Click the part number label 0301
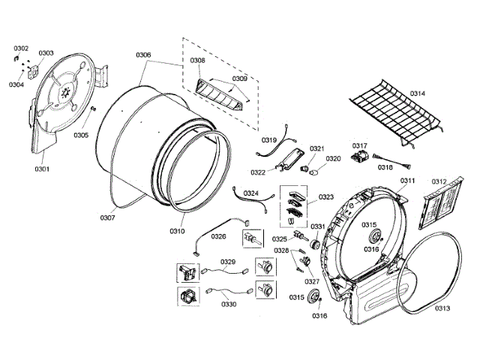click(x=42, y=169)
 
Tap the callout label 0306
click(x=143, y=55)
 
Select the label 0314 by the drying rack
click(x=417, y=93)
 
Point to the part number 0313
click(x=442, y=308)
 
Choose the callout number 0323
click(x=326, y=197)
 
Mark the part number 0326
click(x=218, y=236)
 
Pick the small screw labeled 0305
click(x=92, y=109)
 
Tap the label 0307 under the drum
click(x=107, y=217)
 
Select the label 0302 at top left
click(x=21, y=48)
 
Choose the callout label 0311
click(x=407, y=181)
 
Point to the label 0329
click(x=228, y=262)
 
